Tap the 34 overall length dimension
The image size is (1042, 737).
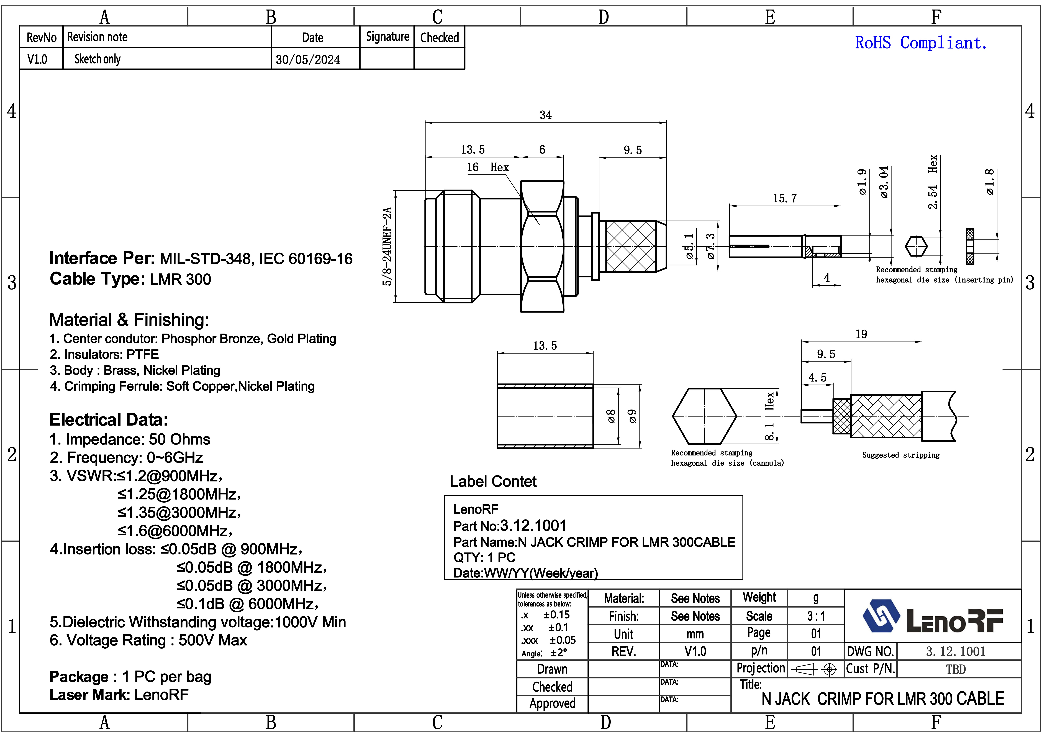coord(545,115)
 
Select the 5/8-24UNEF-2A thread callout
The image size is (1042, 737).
coord(387,246)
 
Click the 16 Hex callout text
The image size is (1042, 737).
coord(488,167)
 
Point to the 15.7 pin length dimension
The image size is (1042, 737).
coord(785,198)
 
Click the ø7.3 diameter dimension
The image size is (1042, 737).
coord(710,246)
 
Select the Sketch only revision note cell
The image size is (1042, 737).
coord(97,59)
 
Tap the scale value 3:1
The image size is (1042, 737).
coord(816,616)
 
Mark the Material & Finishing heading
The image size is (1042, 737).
coord(129,320)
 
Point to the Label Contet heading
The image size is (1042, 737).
coord(493,482)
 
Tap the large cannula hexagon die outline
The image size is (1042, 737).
coord(704,416)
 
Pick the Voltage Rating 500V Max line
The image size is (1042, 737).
coord(148,640)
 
